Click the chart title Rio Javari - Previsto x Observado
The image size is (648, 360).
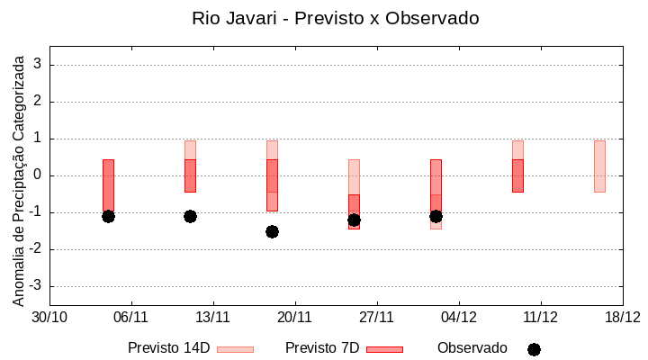(335, 18)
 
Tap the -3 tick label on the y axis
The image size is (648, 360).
(36, 286)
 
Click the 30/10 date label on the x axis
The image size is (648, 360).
(49, 317)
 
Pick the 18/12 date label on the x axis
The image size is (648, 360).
(622, 317)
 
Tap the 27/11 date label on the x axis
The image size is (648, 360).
(377, 317)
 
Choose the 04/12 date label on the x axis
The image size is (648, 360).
(459, 317)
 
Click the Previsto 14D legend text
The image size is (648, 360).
(168, 348)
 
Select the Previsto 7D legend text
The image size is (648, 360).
(321, 348)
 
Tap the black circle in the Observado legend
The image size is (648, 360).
(534, 349)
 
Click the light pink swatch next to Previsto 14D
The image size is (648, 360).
(236, 349)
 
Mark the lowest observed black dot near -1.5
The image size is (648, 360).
(272, 231)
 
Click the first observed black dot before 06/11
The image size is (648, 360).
(108, 216)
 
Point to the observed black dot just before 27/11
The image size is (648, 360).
(354, 220)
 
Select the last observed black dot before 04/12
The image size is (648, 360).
(436, 216)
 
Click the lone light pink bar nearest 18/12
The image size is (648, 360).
(599, 166)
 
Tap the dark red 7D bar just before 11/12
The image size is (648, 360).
(517, 175)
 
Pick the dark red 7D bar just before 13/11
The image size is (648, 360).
(190, 175)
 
